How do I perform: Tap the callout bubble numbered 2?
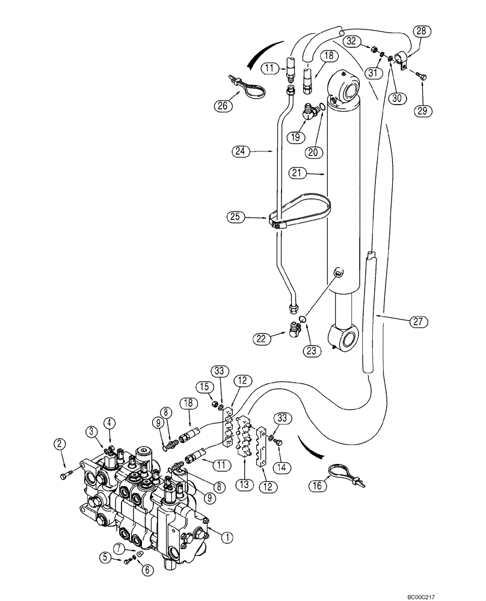point(59,444)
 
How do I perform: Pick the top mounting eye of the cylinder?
point(348,89)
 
